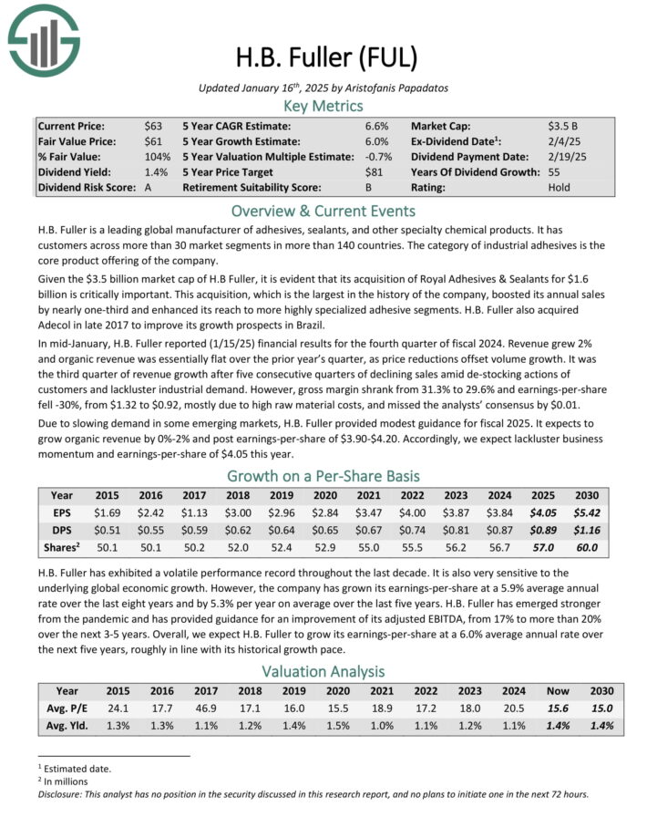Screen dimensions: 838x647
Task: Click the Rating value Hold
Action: [559, 187]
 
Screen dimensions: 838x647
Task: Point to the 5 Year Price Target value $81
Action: [376, 171]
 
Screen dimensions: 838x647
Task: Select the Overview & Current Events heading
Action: [323, 210]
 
